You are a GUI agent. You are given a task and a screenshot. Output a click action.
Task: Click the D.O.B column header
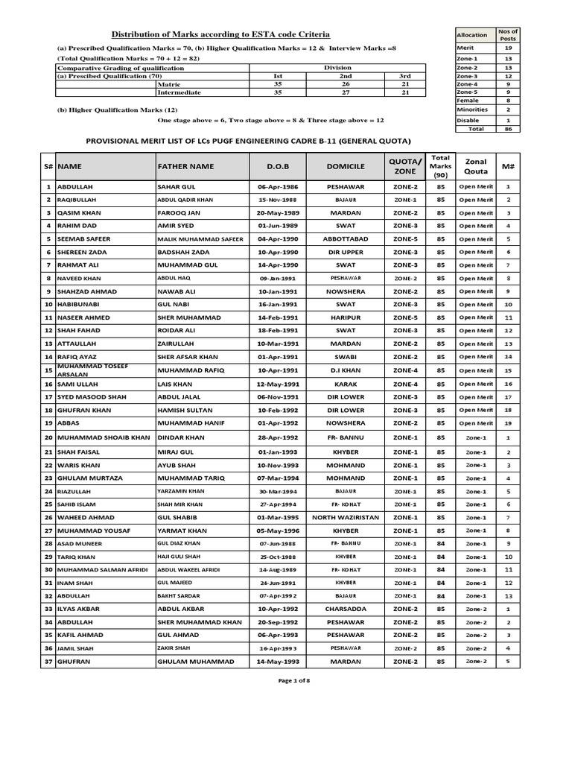click(x=271, y=166)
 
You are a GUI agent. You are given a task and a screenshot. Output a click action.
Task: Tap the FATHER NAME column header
click(x=185, y=166)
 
